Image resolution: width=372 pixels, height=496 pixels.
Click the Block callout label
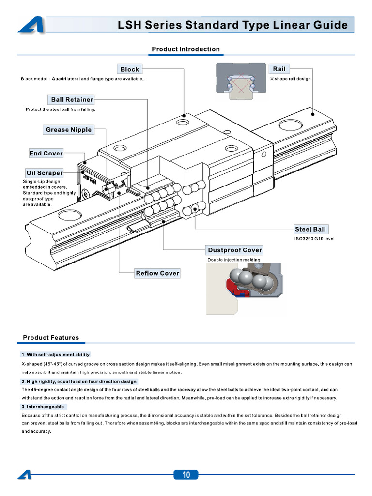[x=129, y=69]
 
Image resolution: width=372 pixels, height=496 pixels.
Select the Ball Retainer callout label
[x=72, y=100]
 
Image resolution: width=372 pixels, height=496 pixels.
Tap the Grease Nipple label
[x=68, y=130]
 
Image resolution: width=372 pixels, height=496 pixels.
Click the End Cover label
[x=46, y=154]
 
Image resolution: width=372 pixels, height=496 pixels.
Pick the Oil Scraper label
[x=44, y=173]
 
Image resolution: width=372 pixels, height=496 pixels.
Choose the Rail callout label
[x=279, y=69]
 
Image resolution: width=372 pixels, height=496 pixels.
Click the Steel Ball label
[x=310, y=229]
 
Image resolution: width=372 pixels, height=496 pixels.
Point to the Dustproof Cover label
[x=235, y=250]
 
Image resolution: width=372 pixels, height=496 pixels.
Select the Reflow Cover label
[x=157, y=273]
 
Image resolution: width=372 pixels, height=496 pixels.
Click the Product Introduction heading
[x=186, y=49]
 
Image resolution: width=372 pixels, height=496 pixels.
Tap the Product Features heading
[x=51, y=338]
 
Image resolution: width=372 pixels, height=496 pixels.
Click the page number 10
[x=186, y=475]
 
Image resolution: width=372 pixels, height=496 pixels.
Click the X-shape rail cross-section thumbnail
[x=241, y=81]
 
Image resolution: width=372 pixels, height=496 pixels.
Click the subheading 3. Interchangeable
[x=43, y=407]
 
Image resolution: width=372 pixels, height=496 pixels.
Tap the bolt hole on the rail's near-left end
[x=66, y=215]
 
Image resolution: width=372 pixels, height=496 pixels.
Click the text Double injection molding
[x=234, y=260]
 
